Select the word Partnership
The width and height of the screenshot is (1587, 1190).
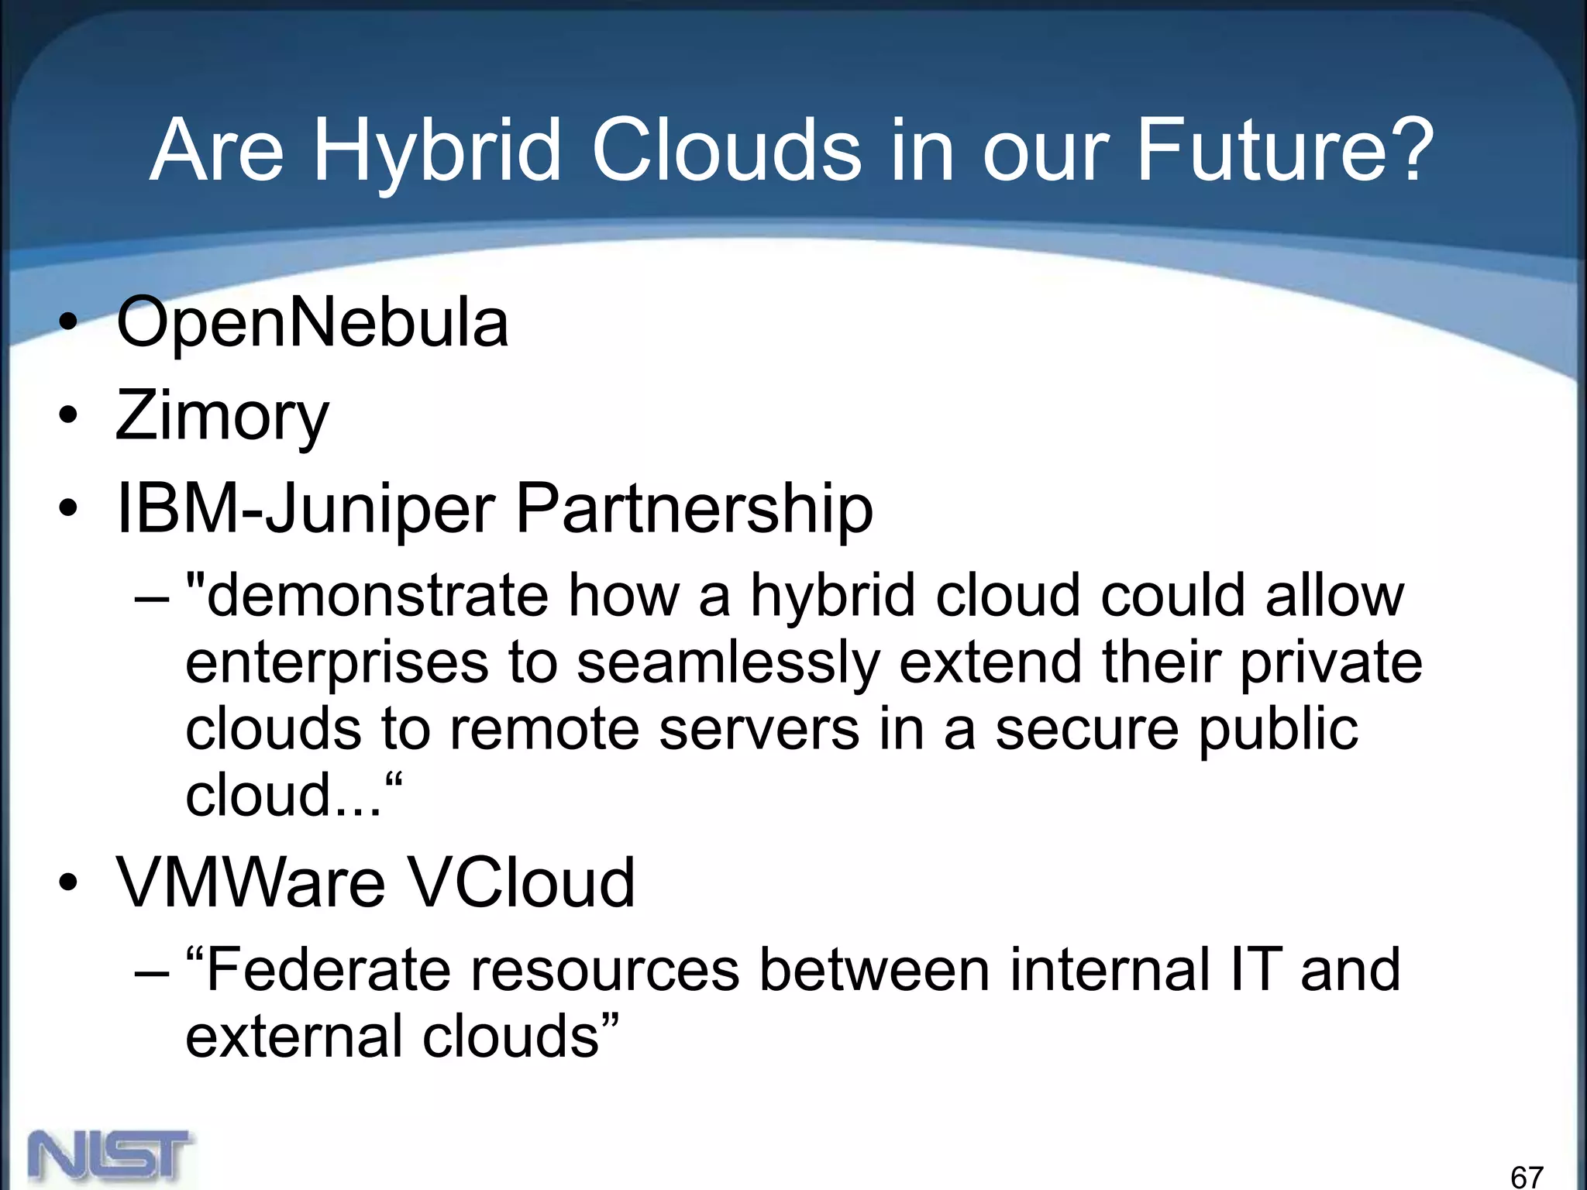[x=694, y=510]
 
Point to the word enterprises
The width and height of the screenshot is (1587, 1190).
[x=337, y=664]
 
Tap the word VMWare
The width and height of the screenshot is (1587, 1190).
[x=250, y=882]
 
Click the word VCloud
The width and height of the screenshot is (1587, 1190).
[x=521, y=882]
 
